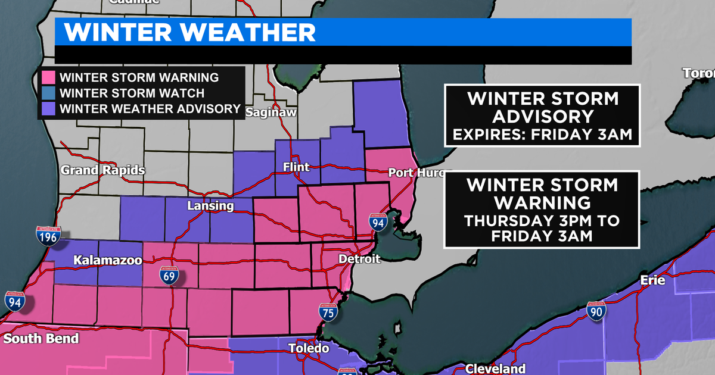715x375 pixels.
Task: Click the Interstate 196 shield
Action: point(48,237)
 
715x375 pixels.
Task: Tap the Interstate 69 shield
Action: point(170,276)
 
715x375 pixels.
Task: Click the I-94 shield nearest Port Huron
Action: point(378,222)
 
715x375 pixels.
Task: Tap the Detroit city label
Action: point(358,260)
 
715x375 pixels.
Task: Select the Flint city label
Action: point(296,167)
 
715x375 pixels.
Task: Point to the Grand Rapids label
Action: point(102,171)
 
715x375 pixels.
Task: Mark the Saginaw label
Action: point(271,112)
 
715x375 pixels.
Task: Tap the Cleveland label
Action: point(495,368)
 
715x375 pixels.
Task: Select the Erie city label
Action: point(652,280)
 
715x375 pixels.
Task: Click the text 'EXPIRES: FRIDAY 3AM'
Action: point(541,135)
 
